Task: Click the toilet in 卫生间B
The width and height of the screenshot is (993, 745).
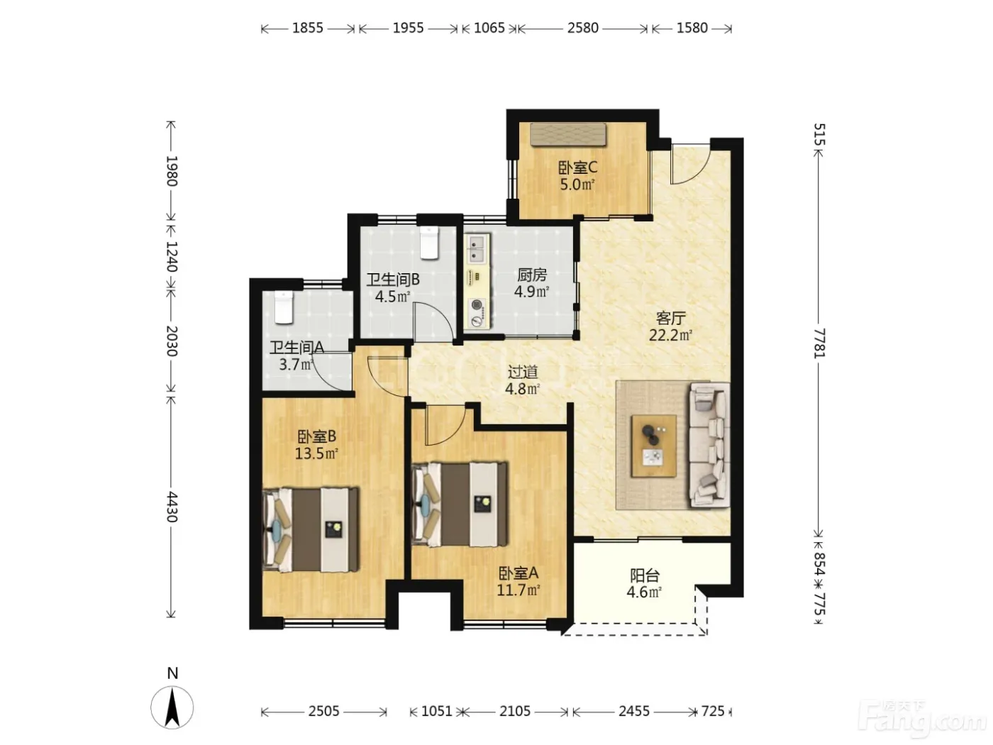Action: point(429,243)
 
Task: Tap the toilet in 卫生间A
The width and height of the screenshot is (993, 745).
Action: point(284,307)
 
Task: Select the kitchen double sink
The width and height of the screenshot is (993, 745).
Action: point(477,249)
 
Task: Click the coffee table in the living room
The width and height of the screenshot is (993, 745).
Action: point(654,446)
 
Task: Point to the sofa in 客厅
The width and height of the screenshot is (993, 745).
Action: point(709,445)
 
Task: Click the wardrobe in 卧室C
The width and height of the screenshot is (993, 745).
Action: point(568,135)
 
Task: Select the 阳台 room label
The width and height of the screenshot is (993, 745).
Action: point(645,575)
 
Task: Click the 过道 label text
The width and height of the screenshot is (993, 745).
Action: point(523,372)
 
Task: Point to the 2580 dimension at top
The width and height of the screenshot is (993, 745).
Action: point(583,28)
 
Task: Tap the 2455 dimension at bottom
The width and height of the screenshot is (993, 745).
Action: point(634,711)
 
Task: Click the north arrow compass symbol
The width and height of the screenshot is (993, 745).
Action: point(172,707)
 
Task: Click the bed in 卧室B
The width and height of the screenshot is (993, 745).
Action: point(311,529)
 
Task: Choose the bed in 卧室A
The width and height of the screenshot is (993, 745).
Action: point(460,504)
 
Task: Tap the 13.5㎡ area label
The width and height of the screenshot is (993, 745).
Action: point(316,453)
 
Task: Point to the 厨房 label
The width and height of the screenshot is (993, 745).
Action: point(531,275)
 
